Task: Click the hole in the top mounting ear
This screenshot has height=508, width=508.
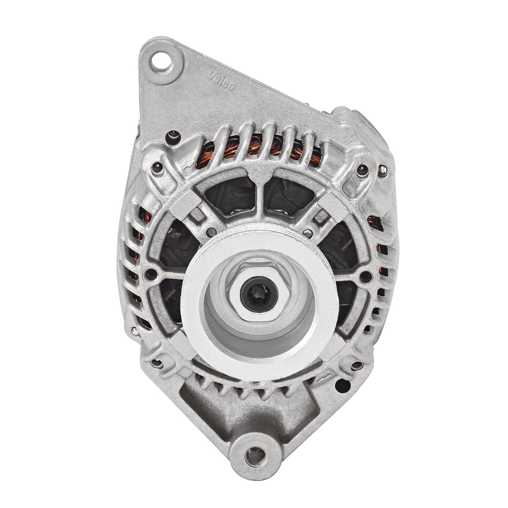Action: (x=161, y=62)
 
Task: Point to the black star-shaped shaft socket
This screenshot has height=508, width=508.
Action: (x=259, y=294)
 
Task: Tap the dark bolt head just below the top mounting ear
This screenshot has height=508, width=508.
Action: (x=173, y=136)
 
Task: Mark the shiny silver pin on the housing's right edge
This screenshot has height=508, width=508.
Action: (x=382, y=170)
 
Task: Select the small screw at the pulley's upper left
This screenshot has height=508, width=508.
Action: (x=210, y=232)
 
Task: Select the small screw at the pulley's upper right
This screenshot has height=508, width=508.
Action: (x=309, y=232)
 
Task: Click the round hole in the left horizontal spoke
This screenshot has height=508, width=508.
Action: (x=150, y=272)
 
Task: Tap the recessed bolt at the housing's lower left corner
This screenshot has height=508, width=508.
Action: (x=157, y=363)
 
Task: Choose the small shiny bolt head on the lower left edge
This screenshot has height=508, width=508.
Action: (x=135, y=331)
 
